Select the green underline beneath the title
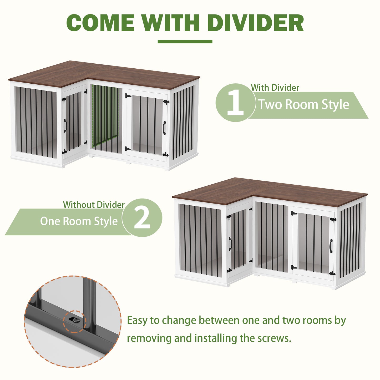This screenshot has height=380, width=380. pyautogui.click(x=185, y=42)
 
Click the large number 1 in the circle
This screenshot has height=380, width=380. pyautogui.click(x=235, y=102)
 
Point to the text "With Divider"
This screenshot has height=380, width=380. pyautogui.click(x=275, y=88)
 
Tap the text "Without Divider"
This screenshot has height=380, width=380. pyautogui.click(x=94, y=205)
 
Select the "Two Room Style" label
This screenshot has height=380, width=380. pyautogui.click(x=303, y=104)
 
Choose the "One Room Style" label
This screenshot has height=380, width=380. pyautogui.click(x=79, y=221)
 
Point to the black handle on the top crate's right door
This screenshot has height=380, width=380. pyautogui.click(x=164, y=128)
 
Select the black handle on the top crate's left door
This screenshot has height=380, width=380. pyautogui.click(x=65, y=126)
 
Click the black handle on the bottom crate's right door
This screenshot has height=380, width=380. pyautogui.click(x=331, y=246)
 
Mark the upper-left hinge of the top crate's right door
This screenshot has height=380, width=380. pyautogui.click(x=128, y=96)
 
